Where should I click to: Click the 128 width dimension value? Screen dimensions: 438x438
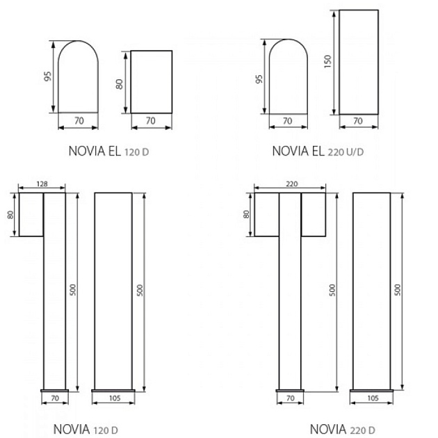click(x=41, y=183)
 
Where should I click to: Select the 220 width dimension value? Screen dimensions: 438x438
click(x=291, y=183)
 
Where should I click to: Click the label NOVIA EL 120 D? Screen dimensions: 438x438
click(x=108, y=149)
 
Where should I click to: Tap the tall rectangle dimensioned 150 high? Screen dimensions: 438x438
click(x=359, y=63)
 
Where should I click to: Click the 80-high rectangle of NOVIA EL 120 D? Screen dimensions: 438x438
click(x=151, y=81)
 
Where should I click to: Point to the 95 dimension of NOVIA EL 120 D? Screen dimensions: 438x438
click(x=47, y=76)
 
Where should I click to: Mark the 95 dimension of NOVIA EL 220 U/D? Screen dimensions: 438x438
click(x=259, y=76)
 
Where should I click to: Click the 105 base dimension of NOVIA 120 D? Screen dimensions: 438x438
click(x=113, y=399)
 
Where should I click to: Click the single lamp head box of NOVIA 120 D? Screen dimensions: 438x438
click(x=31, y=214)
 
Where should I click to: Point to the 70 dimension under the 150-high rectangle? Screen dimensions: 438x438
click(x=359, y=121)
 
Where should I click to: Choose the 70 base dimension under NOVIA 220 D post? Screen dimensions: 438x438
click(x=289, y=399)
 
